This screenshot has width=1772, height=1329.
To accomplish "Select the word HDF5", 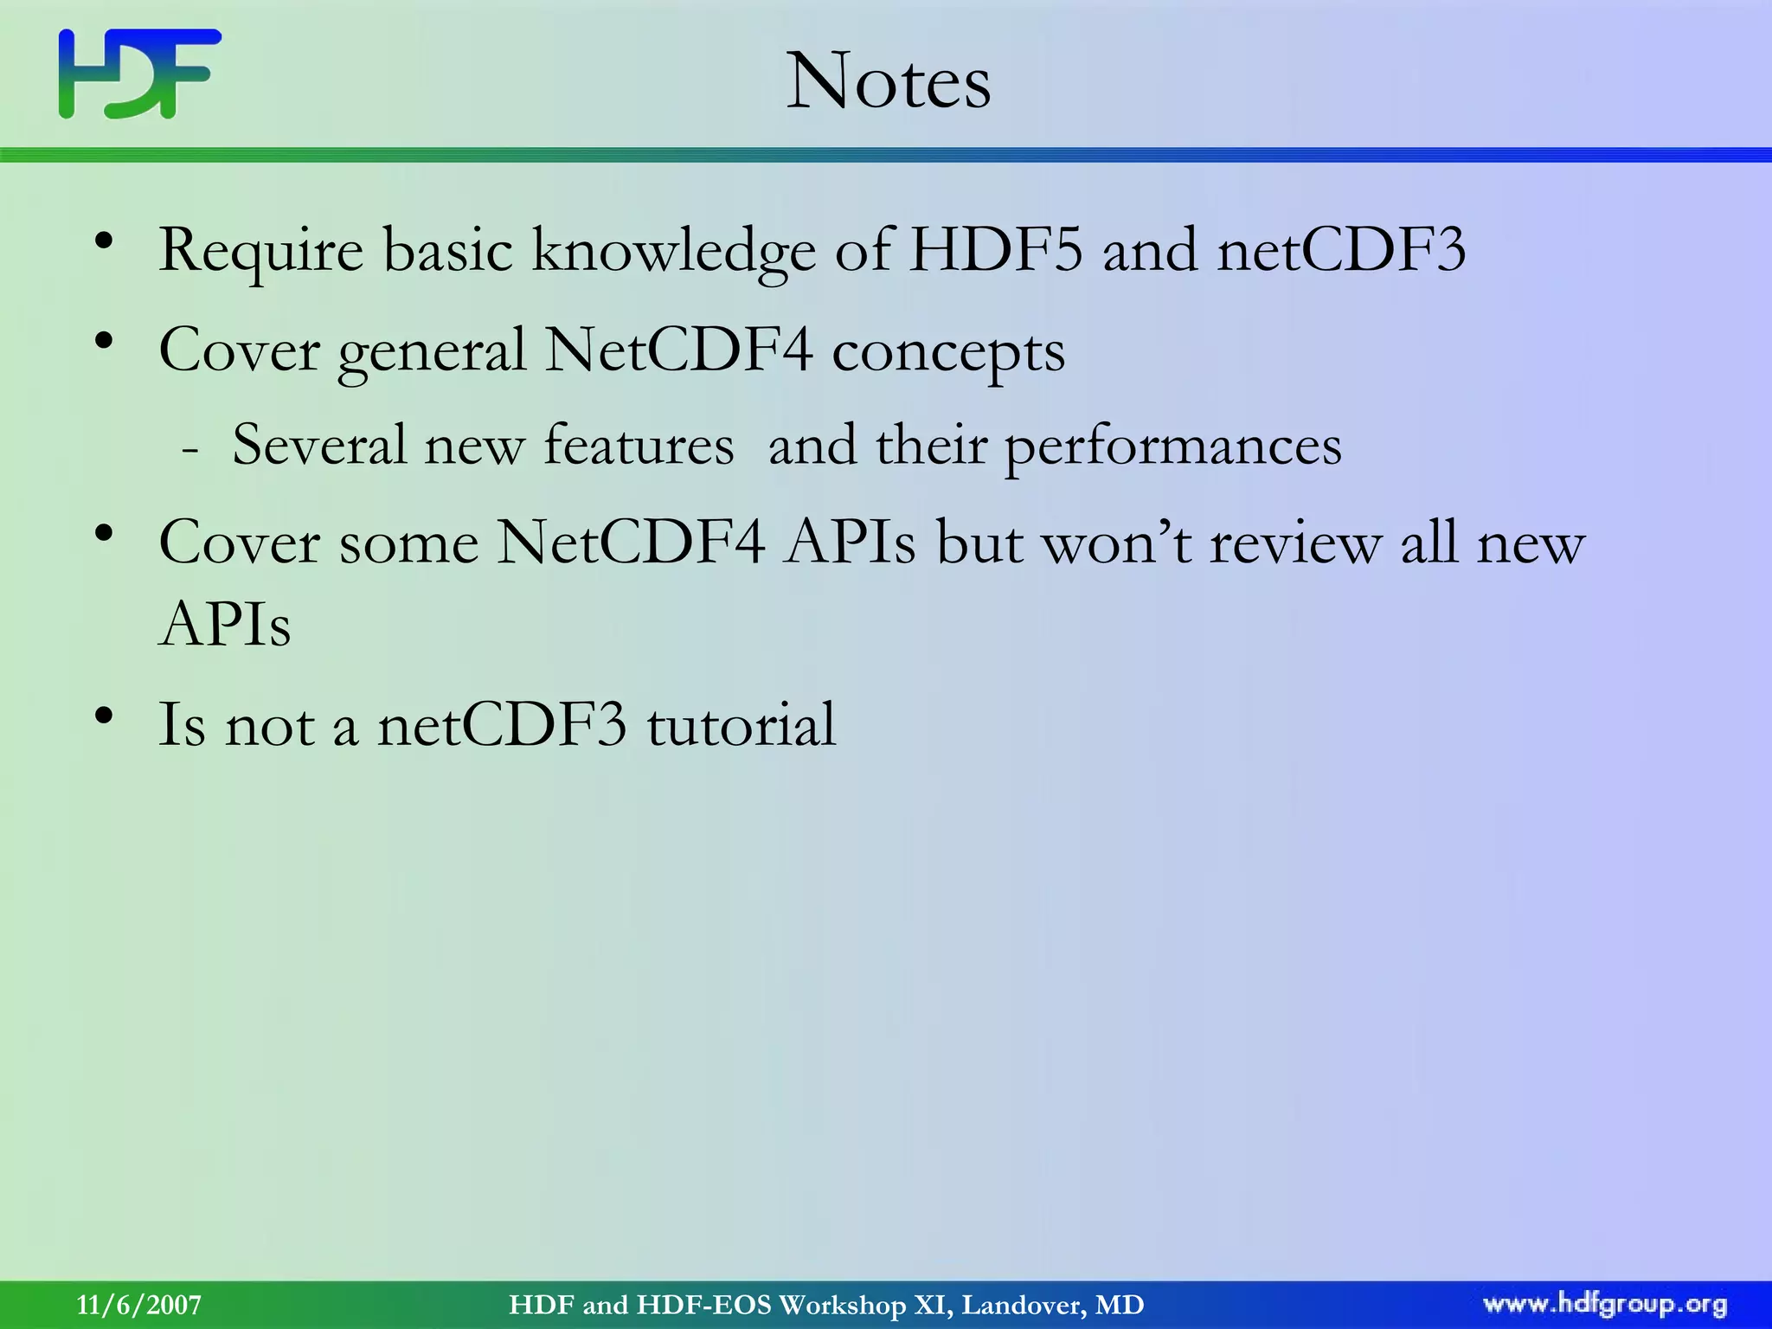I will coord(996,250).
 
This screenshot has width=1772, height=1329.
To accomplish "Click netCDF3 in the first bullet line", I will coord(1341,250).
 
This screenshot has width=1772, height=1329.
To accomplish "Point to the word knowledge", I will coord(673,252).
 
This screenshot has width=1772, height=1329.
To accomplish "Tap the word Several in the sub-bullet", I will coord(318,446).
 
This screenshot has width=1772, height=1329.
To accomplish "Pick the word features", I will coord(639,446).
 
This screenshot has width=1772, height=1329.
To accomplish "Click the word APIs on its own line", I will coord(225,624).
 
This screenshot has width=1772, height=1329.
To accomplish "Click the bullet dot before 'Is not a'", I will coord(105,716).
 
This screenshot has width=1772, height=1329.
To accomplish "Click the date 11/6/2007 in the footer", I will coord(139,1305).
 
